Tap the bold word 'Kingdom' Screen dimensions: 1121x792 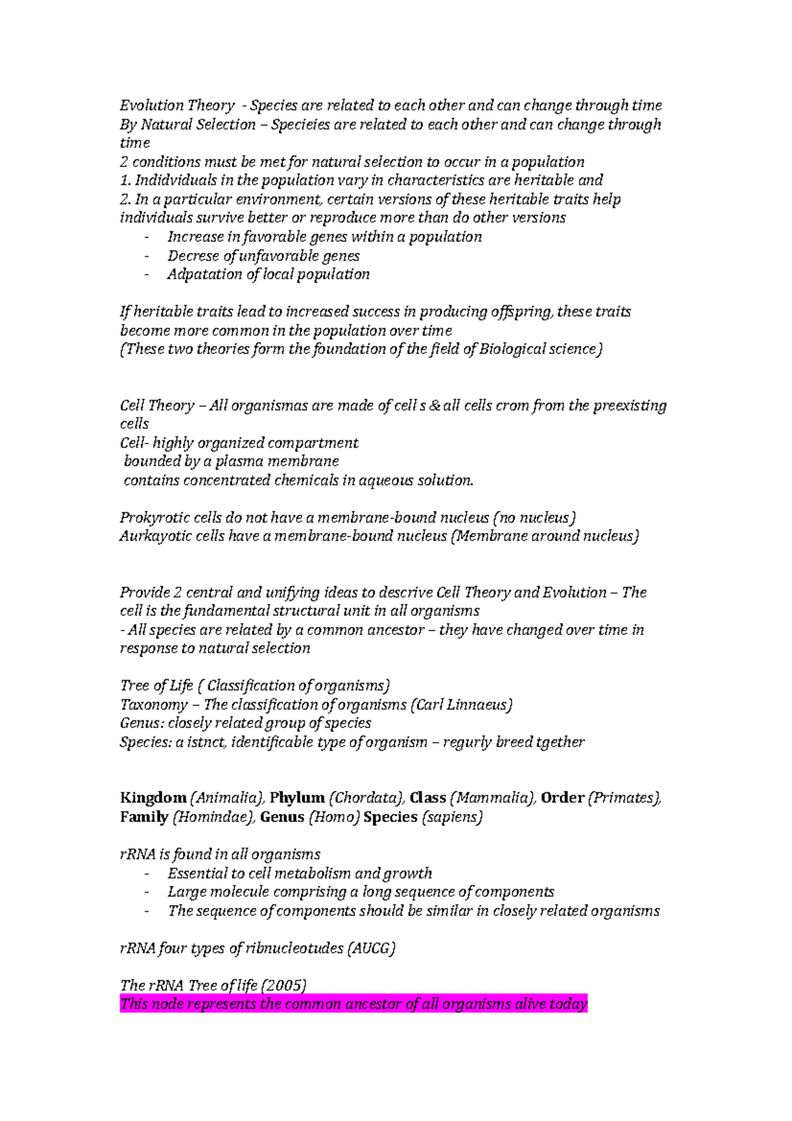153,798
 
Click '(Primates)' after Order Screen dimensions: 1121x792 624,798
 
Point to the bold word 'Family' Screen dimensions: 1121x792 144,817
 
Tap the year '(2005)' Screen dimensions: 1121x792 284,986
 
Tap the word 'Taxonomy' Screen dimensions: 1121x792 153,705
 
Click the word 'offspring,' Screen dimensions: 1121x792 521,312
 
